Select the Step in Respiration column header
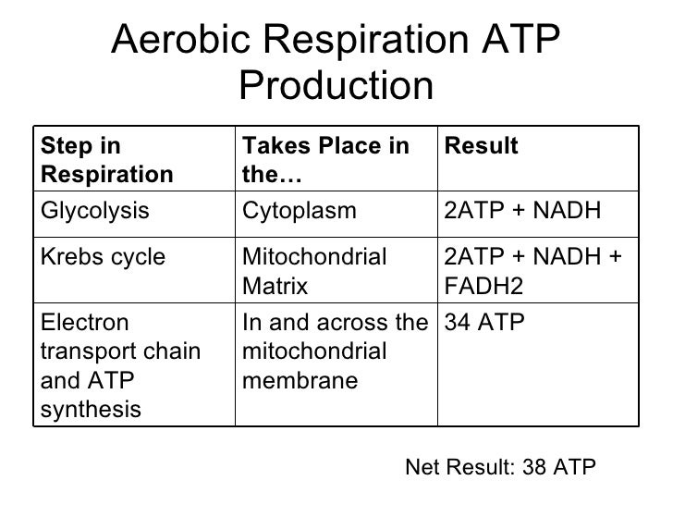tap(107, 160)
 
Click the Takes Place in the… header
tap(324, 160)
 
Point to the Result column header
tap(481, 147)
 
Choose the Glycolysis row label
tap(95, 212)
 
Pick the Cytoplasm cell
tap(299, 212)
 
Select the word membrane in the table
tap(299, 379)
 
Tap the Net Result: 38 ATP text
tap(501, 467)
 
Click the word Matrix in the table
tap(274, 288)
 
